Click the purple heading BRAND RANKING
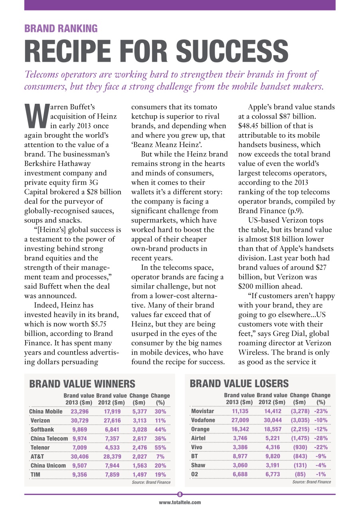point(61,29)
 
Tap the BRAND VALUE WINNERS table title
point(83,384)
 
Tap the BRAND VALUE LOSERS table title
point(239,384)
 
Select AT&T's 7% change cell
point(161,457)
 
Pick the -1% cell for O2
point(320,474)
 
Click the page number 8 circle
point(180,494)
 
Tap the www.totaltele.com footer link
point(180,503)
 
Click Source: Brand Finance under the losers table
point(311,482)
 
